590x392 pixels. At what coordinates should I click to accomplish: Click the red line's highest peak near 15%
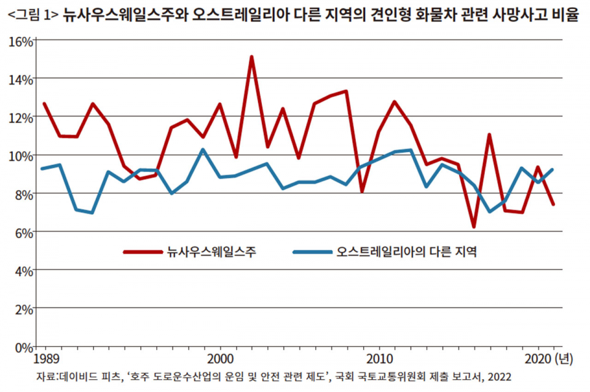tap(251, 57)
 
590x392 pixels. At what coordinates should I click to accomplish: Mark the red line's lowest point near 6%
tap(474, 227)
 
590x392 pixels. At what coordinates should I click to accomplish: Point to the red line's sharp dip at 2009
tap(363, 191)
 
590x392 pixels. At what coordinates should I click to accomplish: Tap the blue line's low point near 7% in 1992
tap(92, 213)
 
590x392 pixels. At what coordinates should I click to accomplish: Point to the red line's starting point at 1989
tap(44, 104)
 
